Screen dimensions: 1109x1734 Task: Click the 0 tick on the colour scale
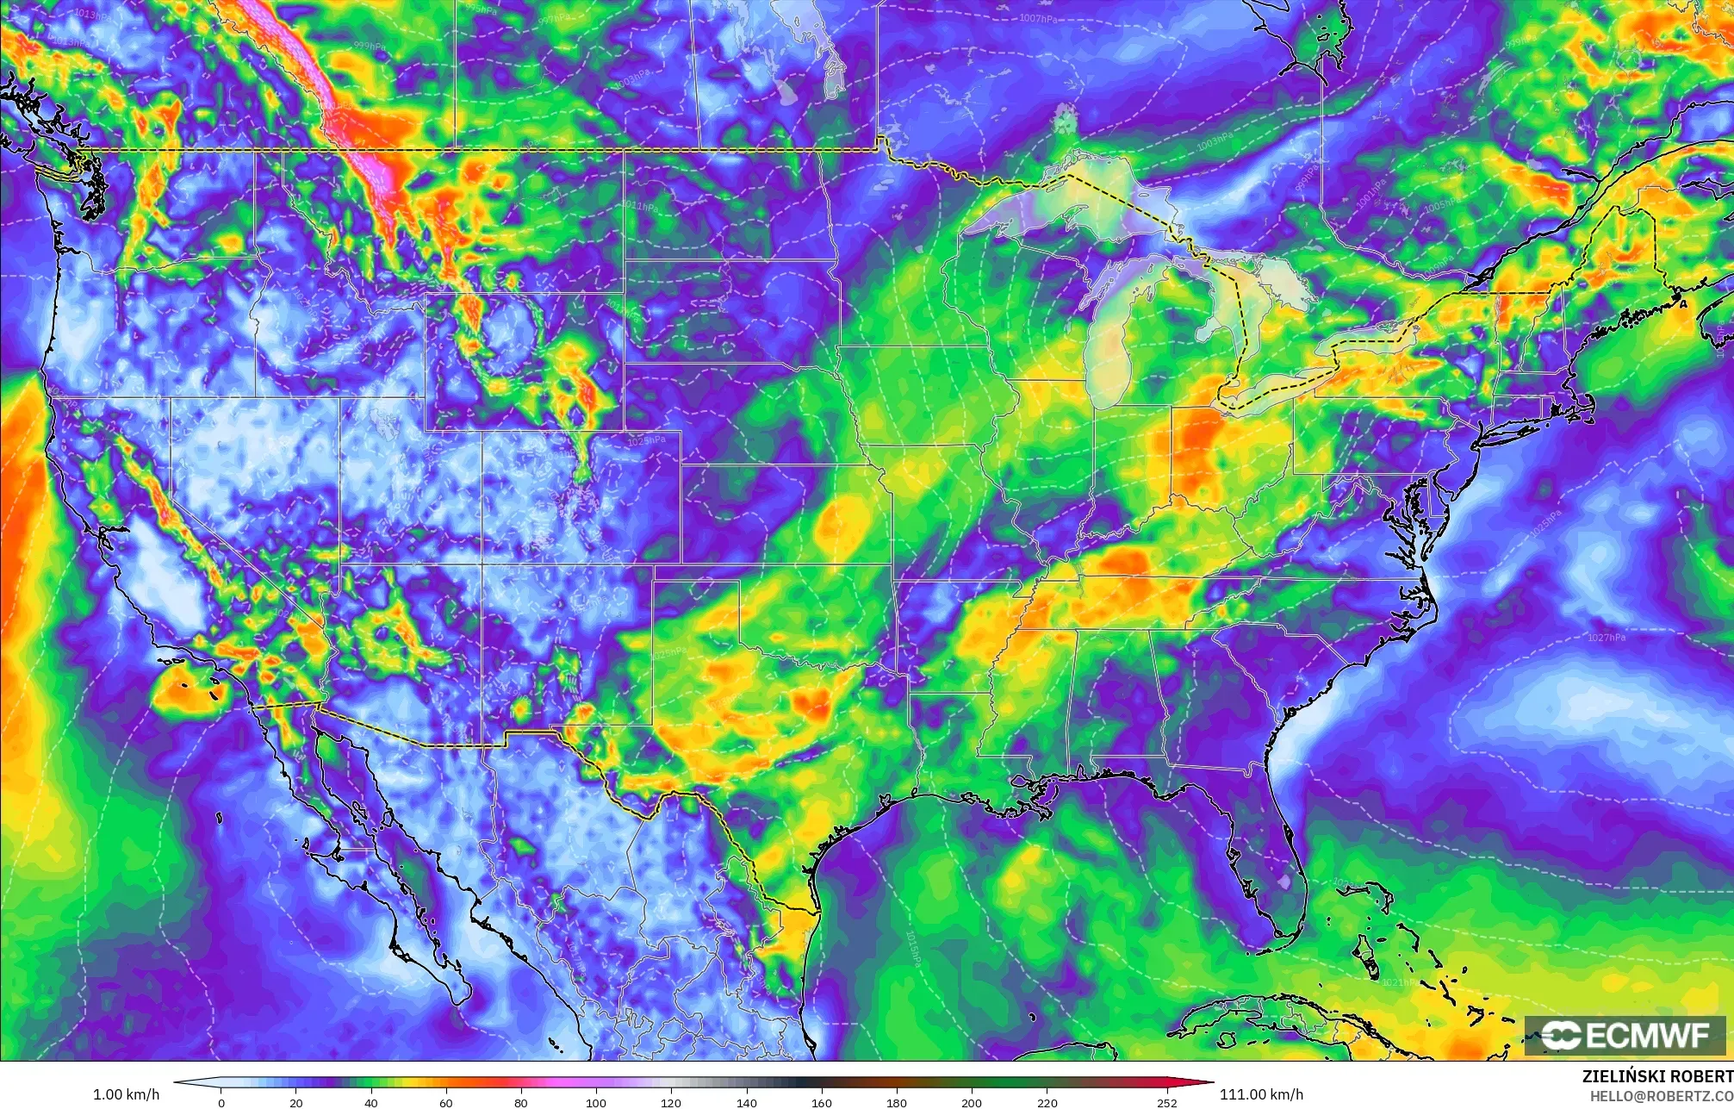click(x=221, y=1102)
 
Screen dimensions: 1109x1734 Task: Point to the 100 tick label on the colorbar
click(x=596, y=1102)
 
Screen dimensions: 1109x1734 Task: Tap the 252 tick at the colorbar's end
click(x=1166, y=1102)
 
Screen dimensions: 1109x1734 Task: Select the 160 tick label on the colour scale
click(x=821, y=1102)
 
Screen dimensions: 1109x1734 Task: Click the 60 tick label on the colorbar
click(x=446, y=1102)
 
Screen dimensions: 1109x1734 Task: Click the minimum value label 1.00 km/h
click(x=126, y=1094)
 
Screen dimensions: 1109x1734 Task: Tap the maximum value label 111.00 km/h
click(x=1261, y=1094)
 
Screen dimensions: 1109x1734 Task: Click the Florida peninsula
click(x=1266, y=853)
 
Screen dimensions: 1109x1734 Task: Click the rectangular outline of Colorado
click(x=581, y=497)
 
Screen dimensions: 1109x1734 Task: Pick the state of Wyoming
click(x=525, y=361)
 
